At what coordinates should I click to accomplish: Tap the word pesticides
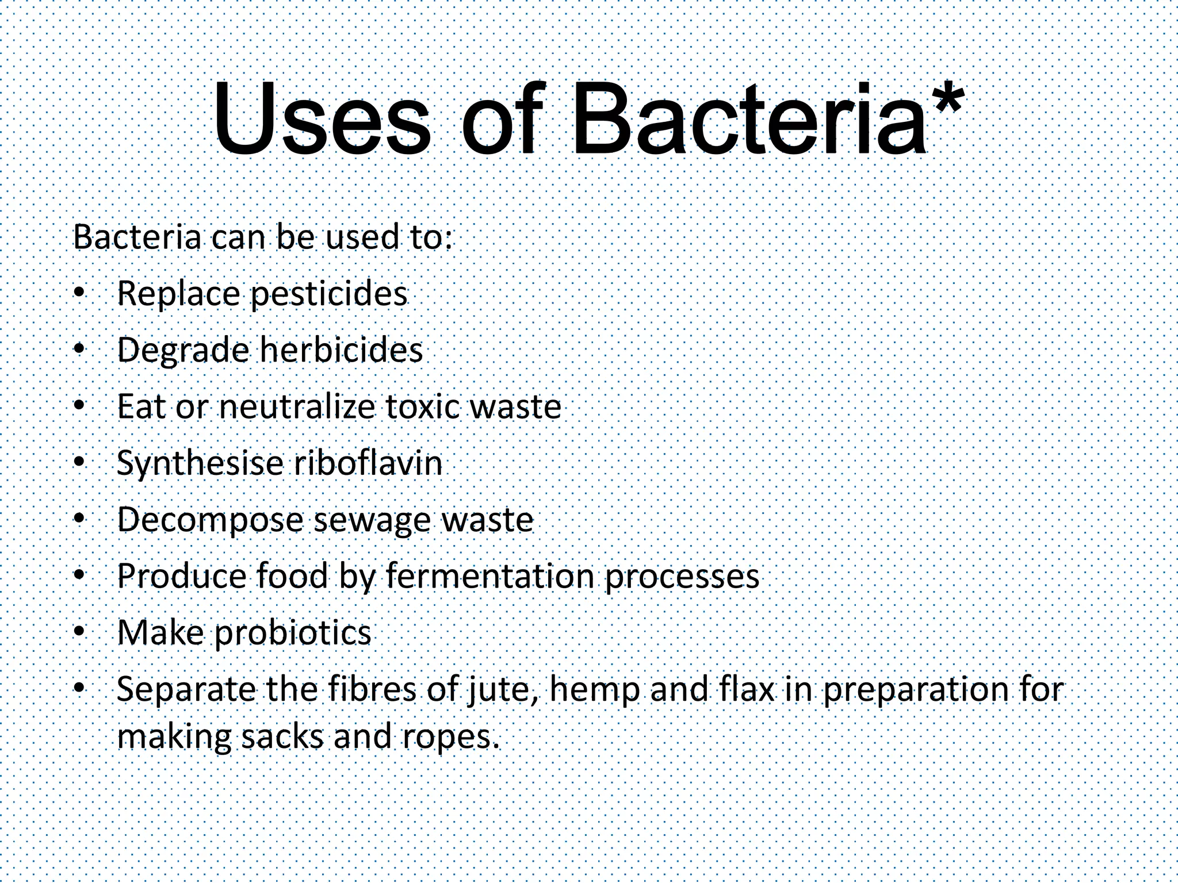(x=329, y=294)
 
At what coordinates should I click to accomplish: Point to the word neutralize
(x=297, y=406)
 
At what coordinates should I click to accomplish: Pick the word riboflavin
(x=368, y=463)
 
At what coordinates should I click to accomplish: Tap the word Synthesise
(x=200, y=463)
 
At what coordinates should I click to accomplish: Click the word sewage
(x=372, y=520)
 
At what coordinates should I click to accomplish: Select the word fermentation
(x=489, y=575)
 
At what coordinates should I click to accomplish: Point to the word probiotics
(x=293, y=633)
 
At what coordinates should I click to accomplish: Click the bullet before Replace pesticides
(x=79, y=293)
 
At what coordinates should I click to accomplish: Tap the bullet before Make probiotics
(x=79, y=632)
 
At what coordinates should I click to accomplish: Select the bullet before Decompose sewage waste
(x=79, y=519)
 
